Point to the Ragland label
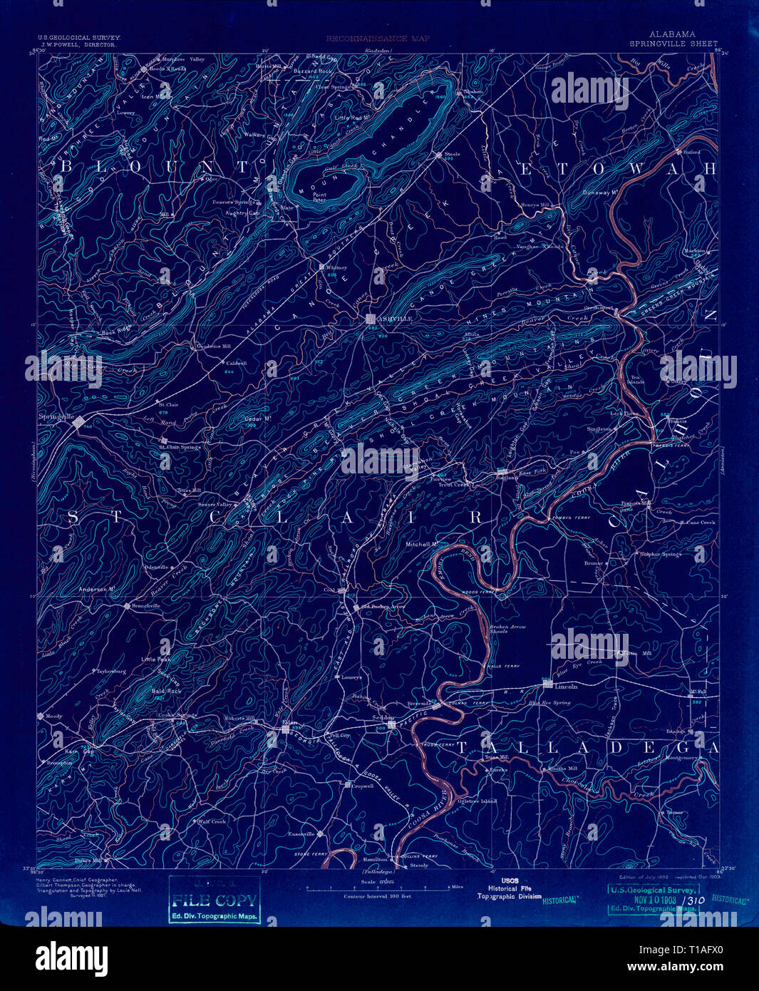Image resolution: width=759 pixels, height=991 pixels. pyautogui.click(x=506, y=478)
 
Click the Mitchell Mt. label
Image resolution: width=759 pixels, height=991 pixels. pyautogui.click(x=421, y=543)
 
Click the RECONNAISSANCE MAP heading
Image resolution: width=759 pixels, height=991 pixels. pyautogui.click(x=378, y=38)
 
